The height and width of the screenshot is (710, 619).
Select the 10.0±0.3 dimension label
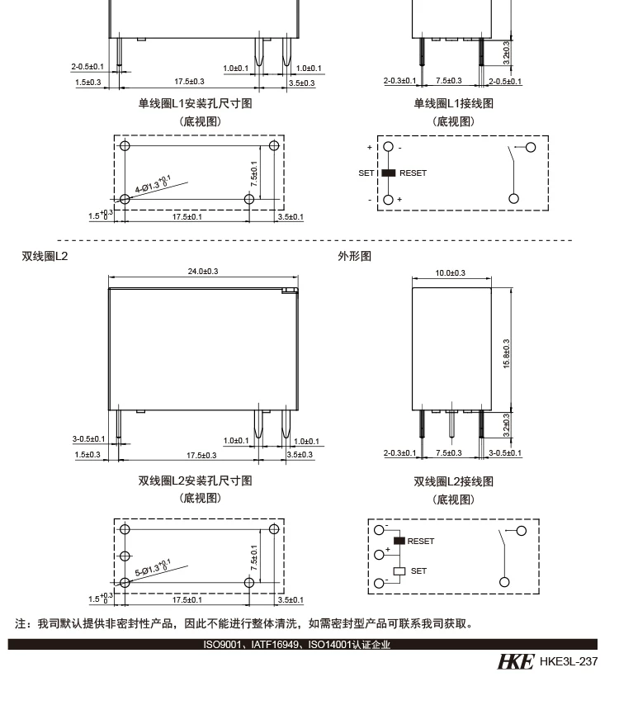(451, 272)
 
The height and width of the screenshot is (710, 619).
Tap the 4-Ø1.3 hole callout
(154, 183)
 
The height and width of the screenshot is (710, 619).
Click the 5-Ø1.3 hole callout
(152, 567)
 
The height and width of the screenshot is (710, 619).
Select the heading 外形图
(355, 257)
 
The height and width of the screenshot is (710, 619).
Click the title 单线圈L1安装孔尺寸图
(195, 103)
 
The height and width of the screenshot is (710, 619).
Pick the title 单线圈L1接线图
(453, 103)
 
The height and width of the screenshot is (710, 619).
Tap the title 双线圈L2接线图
(453, 481)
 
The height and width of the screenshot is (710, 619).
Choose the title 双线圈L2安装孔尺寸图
(195, 481)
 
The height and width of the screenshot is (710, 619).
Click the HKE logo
(515, 661)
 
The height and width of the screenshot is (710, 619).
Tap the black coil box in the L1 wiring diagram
(388, 173)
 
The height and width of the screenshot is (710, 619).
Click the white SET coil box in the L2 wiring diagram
(399, 570)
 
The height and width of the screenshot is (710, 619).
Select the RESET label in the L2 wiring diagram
(420, 542)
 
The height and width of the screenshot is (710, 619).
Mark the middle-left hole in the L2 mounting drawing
(125, 556)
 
